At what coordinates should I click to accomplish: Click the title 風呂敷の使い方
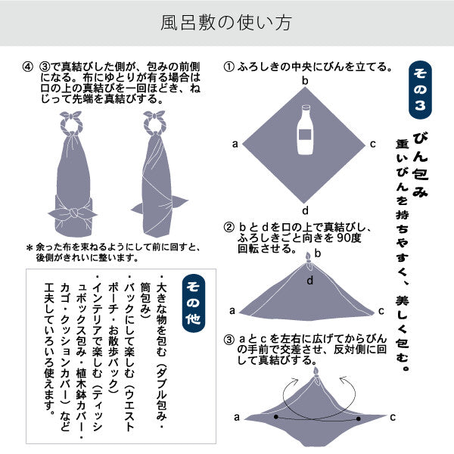(x=227, y=23)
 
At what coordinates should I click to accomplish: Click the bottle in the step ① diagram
(x=306, y=129)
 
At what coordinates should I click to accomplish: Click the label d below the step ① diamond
(x=305, y=210)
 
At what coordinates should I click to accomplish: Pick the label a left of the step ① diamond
(x=235, y=144)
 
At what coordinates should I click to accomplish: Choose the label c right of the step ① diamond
(x=373, y=144)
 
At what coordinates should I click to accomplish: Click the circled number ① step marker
(x=228, y=67)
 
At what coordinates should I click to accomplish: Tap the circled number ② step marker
(x=228, y=227)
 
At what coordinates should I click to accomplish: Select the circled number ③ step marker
(x=228, y=339)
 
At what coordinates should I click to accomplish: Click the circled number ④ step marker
(x=29, y=67)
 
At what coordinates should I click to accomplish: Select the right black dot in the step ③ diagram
(x=357, y=418)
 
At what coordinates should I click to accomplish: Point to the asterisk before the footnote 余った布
(x=30, y=248)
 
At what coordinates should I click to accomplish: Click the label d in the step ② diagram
(x=309, y=281)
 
